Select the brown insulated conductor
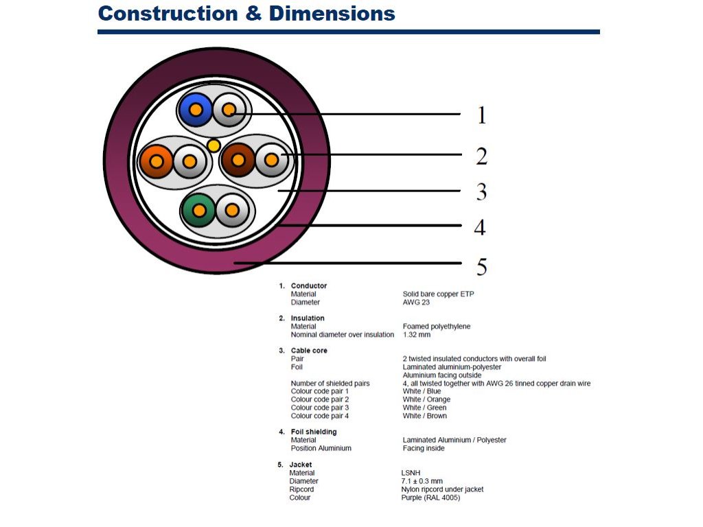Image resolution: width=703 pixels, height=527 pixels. [x=238, y=161]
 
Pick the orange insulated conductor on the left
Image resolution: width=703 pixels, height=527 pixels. [x=157, y=162]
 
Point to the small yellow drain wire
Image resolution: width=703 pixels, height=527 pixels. [x=214, y=145]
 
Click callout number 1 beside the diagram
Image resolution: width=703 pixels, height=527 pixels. [x=482, y=115]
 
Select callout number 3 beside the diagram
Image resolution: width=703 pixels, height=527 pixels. [x=482, y=192]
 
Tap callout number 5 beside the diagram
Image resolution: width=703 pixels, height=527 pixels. [x=482, y=266]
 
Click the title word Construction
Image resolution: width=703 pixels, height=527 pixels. [x=168, y=14]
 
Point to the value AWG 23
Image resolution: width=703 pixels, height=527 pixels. [x=416, y=302]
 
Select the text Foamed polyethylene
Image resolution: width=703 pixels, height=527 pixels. [x=437, y=327]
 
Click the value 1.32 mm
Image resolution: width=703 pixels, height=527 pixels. [x=417, y=335]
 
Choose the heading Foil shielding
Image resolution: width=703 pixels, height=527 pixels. [x=314, y=432]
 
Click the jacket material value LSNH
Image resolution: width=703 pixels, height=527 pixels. [x=410, y=473]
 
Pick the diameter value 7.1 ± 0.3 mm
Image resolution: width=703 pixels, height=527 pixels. [x=422, y=481]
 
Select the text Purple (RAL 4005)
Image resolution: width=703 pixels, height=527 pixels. [x=430, y=497]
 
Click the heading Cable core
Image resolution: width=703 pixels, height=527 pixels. [x=309, y=351]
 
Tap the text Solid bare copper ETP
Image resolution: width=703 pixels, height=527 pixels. [x=438, y=294]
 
